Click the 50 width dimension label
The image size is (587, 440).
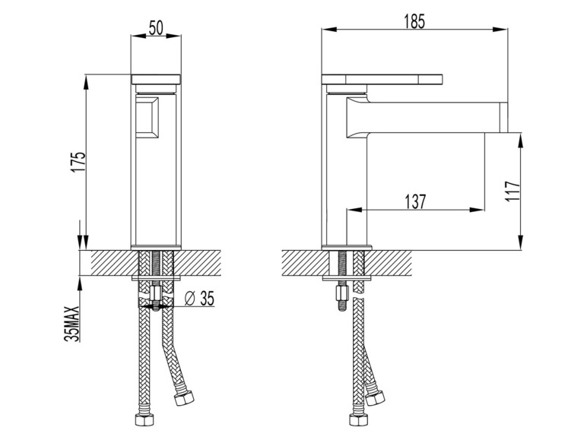[156, 27]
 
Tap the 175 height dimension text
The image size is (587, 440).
[78, 162]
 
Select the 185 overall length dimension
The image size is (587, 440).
[415, 21]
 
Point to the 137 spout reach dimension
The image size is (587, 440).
[416, 201]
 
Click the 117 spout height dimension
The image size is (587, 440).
[513, 191]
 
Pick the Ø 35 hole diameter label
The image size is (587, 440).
[199, 299]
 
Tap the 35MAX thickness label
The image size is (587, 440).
[72, 323]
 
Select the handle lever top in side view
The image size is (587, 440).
[382, 79]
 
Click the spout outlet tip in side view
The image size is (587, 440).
[504, 117]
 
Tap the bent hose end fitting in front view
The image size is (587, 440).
[185, 397]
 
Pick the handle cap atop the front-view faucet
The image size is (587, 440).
[156, 79]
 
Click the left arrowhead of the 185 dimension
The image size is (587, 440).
[329, 29]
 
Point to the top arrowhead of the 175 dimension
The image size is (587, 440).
[86, 82]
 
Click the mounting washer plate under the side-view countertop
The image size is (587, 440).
[347, 278]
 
